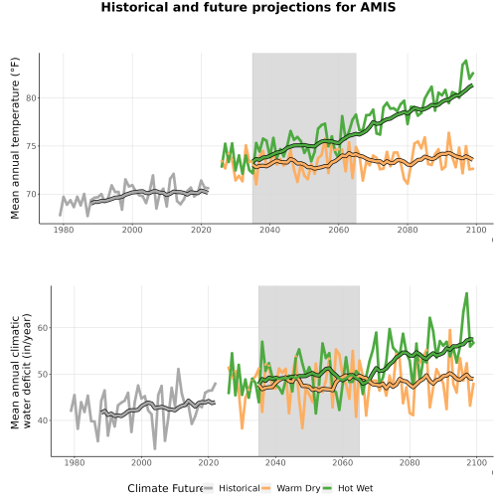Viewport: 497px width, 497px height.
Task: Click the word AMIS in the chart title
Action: coord(378,7)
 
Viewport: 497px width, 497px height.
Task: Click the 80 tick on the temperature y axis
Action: coord(31,98)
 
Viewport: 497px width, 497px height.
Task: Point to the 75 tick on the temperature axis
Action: coord(31,146)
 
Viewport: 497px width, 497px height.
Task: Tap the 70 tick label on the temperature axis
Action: coord(31,194)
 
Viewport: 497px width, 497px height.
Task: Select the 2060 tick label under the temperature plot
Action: coord(339,230)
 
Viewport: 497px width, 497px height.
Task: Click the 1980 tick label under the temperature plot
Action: coord(64,230)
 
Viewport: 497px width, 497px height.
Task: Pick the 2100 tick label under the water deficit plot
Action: coord(476,462)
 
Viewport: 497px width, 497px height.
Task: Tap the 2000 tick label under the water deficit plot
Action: coord(141,462)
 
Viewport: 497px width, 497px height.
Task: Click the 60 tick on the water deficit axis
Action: coord(43,328)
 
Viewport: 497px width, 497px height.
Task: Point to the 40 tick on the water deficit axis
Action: coord(43,420)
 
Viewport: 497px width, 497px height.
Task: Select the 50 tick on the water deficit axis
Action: coord(43,374)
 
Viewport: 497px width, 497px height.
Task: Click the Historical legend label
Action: coord(240,488)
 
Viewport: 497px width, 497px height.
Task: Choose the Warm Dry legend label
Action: coord(298,488)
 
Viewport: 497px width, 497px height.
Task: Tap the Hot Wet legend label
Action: coord(355,488)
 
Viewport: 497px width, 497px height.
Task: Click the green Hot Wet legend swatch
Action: coord(327,488)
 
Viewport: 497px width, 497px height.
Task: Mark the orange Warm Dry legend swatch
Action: coord(266,488)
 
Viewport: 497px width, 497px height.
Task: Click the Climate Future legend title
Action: coord(165,488)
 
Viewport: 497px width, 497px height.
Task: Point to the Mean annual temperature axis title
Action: coord(15,138)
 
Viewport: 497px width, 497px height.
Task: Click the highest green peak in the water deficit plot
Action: coord(466,293)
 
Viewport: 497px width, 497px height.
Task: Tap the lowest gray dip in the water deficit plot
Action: coord(155,449)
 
